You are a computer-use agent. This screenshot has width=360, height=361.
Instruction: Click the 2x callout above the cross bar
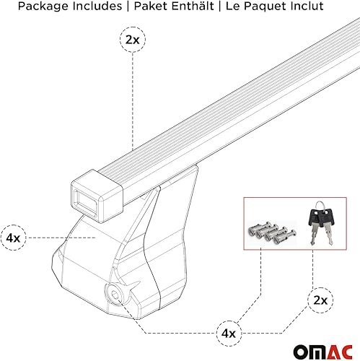[132, 40]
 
